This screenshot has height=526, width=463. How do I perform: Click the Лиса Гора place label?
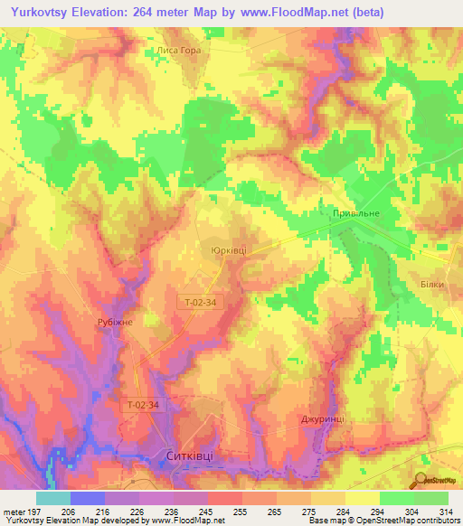177,51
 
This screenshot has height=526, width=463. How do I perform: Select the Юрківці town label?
223,247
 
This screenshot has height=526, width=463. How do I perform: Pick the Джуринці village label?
323,419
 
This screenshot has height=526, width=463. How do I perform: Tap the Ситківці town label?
190,456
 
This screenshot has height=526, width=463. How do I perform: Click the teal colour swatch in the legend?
52,497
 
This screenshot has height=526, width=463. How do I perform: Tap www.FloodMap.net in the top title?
291,13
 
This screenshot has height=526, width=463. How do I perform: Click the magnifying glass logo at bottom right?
420,480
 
